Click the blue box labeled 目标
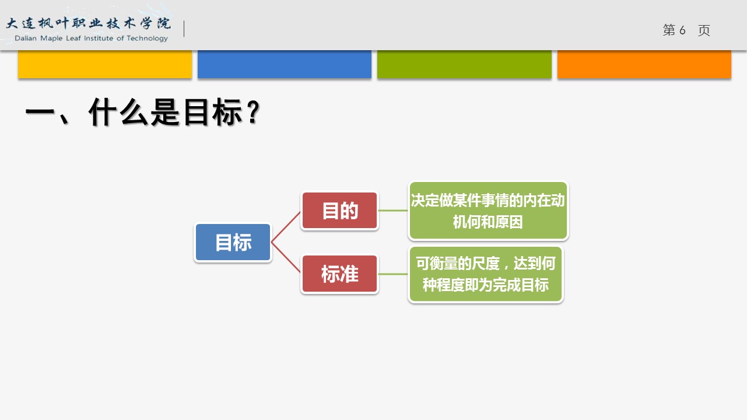point(233,242)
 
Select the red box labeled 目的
point(339,211)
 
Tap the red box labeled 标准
point(339,274)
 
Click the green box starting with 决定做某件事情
point(488,211)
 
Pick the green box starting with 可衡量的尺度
point(486,274)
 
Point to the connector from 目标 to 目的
point(286,227)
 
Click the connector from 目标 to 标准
point(286,257)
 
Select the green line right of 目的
point(393,211)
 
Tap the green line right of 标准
point(393,274)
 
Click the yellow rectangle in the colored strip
point(105,64)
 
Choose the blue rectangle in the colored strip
point(285,64)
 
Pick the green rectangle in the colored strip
point(464,64)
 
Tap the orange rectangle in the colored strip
point(644,64)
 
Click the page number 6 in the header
point(682,30)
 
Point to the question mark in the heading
point(254,112)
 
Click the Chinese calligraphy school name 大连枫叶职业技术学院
point(89,23)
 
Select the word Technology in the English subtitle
point(147,38)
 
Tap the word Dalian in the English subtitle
point(26,38)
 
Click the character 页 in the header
point(704,30)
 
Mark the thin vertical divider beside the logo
point(184,29)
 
